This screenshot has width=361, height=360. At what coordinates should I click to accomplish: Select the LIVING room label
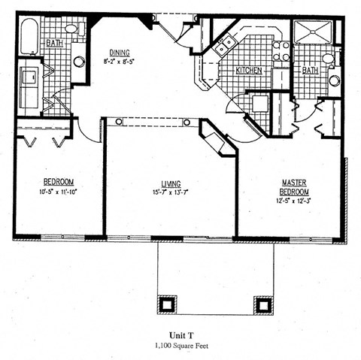coord(170,183)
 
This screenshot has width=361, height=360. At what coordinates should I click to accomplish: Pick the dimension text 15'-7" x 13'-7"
coord(170,192)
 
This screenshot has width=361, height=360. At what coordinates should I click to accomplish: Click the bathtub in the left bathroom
coord(29,37)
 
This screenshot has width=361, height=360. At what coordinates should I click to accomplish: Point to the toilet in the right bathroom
coord(328,58)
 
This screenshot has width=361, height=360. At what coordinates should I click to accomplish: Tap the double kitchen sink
coord(223,47)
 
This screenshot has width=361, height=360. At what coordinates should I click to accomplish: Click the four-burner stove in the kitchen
coord(281,50)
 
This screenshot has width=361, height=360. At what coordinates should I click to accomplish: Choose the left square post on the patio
coord(167,305)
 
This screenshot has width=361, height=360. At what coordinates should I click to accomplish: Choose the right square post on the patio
coord(262,305)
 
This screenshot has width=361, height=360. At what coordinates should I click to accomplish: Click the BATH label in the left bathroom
coord(54,44)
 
